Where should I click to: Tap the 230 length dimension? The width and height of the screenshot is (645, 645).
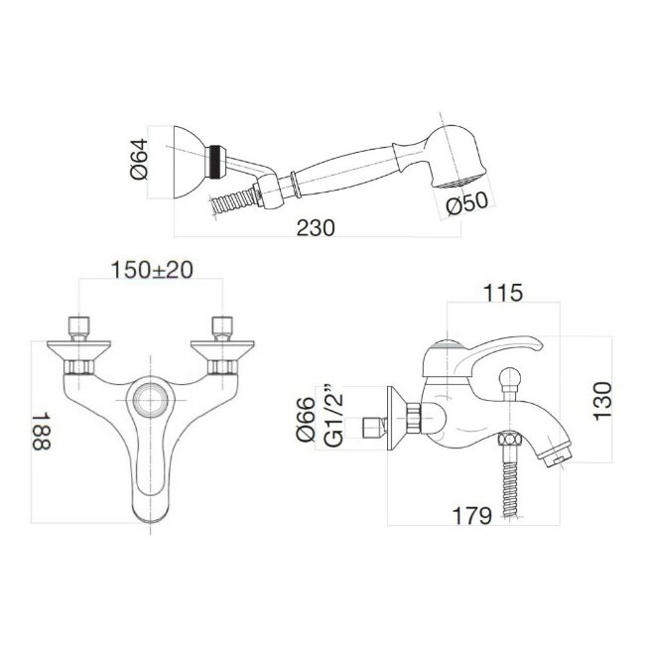coord(316,227)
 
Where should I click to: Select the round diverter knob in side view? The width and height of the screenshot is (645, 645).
coord(514,378)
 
